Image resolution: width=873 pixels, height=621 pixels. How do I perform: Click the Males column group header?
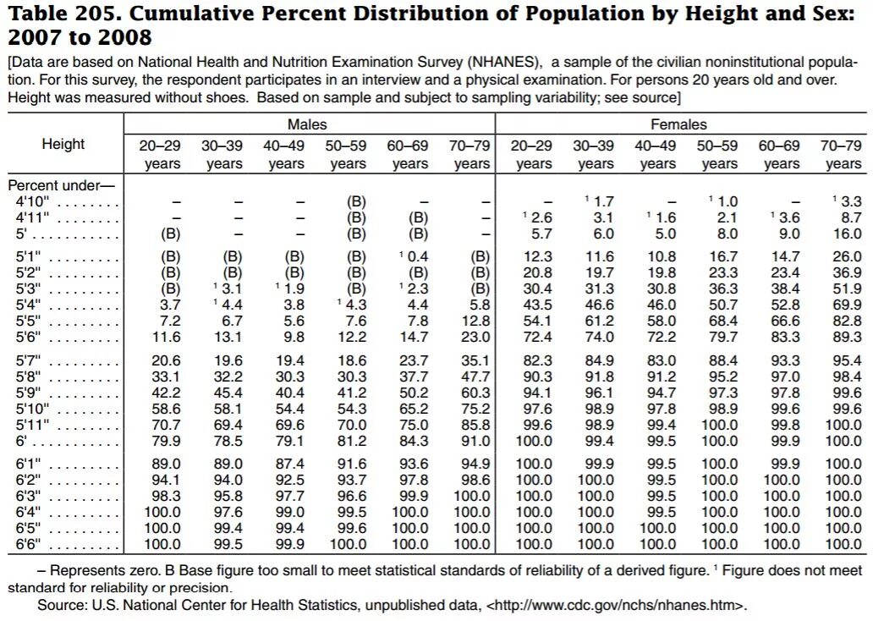(x=307, y=124)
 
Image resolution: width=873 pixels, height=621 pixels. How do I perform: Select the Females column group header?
(x=678, y=124)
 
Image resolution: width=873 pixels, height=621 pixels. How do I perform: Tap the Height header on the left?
(x=63, y=144)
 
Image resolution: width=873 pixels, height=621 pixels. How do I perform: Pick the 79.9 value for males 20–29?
(x=164, y=441)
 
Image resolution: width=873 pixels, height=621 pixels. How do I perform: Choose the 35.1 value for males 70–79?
(x=474, y=361)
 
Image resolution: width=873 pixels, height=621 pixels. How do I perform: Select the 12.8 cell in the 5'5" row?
(x=474, y=321)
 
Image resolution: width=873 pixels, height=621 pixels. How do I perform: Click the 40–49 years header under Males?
(x=284, y=154)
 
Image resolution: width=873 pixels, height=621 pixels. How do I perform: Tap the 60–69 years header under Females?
(x=782, y=154)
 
